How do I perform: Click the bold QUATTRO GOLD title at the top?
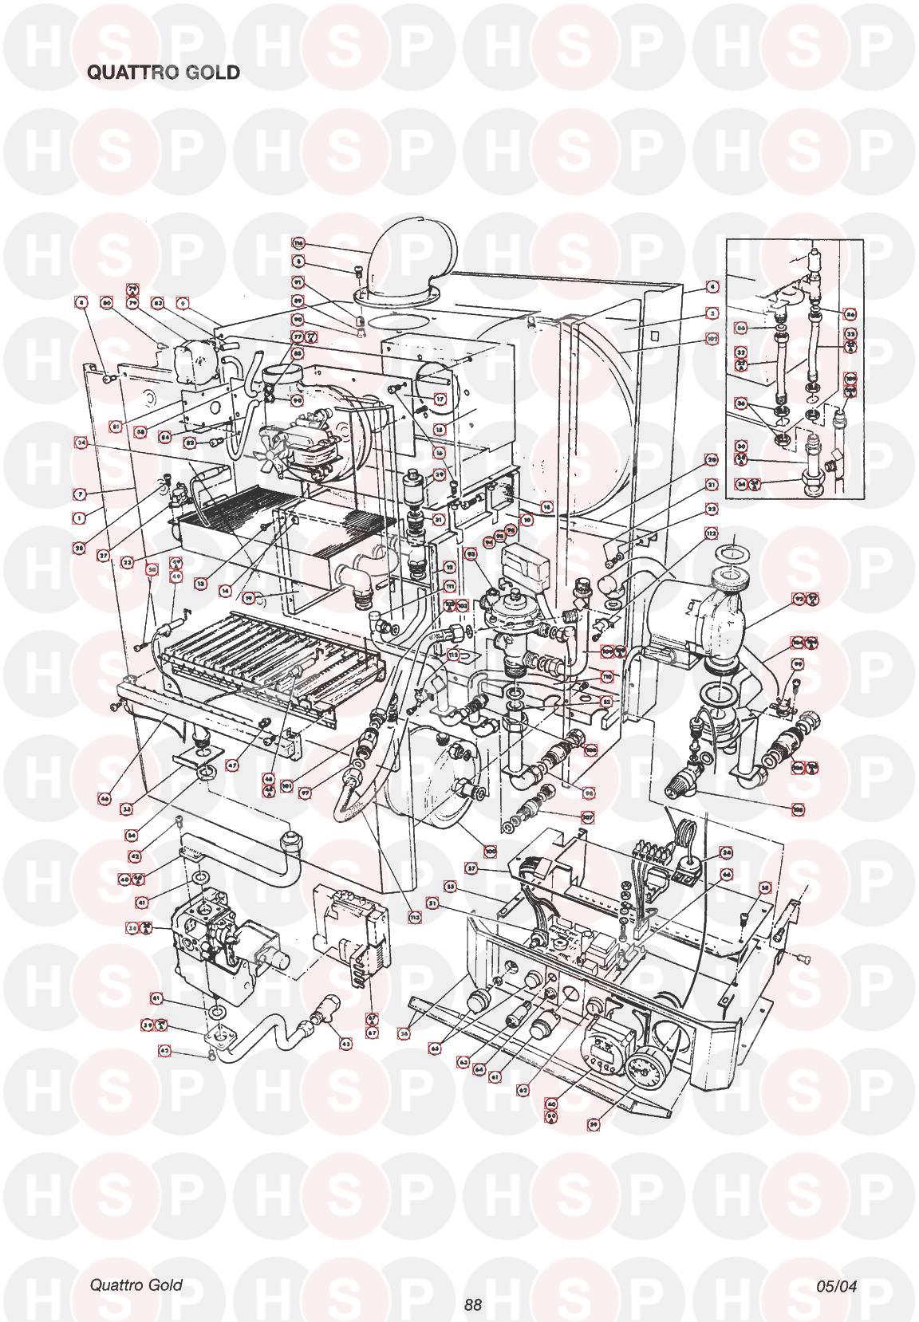pos(163,72)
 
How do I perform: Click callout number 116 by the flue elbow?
pos(299,244)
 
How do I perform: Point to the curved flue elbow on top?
pos(415,255)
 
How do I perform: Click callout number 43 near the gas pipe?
pos(345,1043)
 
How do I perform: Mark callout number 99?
pos(797,663)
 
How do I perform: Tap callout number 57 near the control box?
pos(471,868)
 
